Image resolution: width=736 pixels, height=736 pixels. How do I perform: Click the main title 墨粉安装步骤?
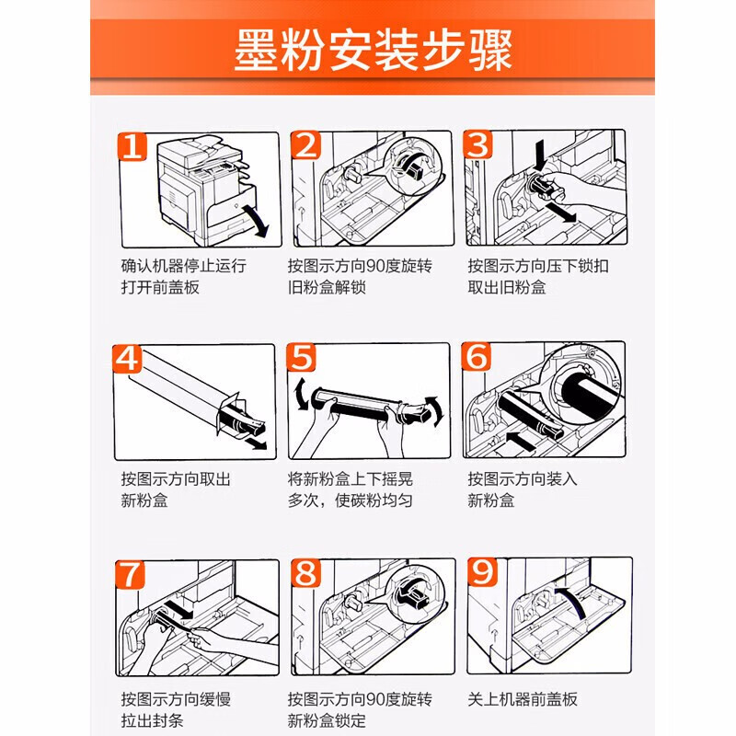click(374, 51)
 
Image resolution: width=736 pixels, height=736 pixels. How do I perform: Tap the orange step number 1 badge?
click(132, 146)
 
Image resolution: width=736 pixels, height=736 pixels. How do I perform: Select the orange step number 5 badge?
click(301, 357)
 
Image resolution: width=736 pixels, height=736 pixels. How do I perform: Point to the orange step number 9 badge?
click(482, 572)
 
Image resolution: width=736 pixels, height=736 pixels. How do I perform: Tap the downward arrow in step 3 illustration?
click(540, 155)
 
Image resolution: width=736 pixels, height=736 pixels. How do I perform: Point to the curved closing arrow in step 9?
click(570, 601)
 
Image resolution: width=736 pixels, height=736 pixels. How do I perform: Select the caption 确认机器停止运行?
click(183, 266)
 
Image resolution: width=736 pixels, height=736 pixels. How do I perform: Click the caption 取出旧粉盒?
click(507, 287)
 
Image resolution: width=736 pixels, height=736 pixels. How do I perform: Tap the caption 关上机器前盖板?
click(523, 699)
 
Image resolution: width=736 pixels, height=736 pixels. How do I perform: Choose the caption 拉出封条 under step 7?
click(152, 720)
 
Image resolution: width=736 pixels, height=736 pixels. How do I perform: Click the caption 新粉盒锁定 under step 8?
click(327, 720)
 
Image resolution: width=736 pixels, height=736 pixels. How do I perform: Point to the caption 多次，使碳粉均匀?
click(351, 500)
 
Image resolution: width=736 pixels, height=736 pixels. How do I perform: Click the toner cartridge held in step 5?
click(371, 406)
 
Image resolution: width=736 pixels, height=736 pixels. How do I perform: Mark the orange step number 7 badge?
click(130, 574)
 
